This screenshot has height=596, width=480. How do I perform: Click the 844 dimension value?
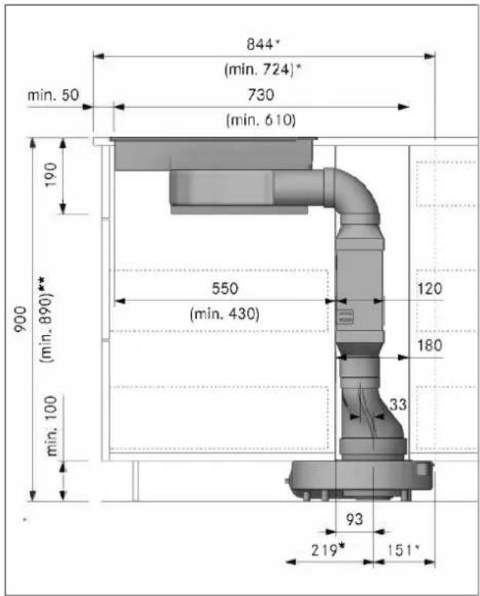260,44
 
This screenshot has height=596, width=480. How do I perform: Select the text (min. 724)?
259,70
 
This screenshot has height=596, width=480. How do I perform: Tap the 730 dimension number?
261,94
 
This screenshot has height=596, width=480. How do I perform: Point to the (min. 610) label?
260,120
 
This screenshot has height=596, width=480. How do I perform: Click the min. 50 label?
53,94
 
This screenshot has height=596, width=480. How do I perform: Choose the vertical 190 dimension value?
51,174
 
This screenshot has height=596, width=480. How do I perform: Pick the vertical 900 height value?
21,319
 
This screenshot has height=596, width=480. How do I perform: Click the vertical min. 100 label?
51,426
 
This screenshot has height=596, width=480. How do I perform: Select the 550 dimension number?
225,289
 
